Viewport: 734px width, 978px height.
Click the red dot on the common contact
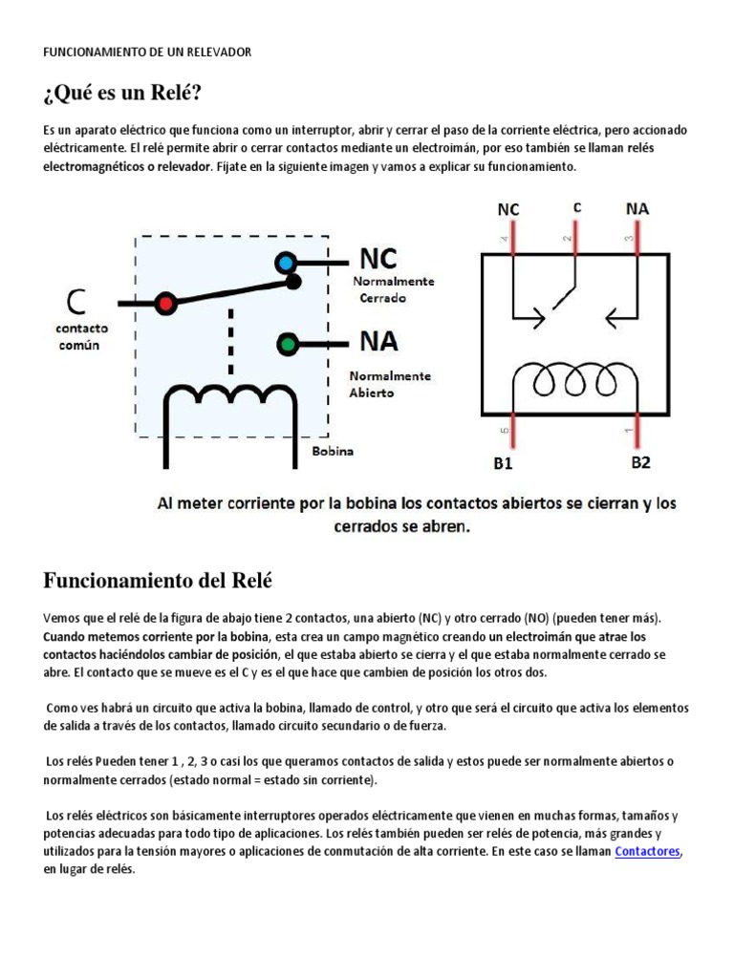[x=166, y=303]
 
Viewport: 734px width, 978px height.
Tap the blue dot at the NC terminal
[x=285, y=263]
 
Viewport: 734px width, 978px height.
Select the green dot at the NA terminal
[x=286, y=343]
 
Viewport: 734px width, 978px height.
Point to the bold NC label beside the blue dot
[x=378, y=259]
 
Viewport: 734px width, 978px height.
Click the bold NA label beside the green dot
[x=378, y=341]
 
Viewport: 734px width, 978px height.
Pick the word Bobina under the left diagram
[x=333, y=451]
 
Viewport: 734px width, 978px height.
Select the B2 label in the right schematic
[x=641, y=462]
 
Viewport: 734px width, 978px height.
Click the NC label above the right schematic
[x=508, y=208]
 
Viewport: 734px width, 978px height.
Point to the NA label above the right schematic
[x=637, y=207]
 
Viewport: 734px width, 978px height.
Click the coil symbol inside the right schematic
[x=572, y=379]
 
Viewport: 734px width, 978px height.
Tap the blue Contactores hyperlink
[x=648, y=851]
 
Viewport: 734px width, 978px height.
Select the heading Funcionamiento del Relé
[x=158, y=580]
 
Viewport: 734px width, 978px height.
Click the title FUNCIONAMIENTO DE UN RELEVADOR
[x=147, y=52]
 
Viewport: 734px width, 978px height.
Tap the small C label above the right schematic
[x=576, y=206]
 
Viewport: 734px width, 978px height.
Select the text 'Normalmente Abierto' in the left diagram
[x=389, y=384]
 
